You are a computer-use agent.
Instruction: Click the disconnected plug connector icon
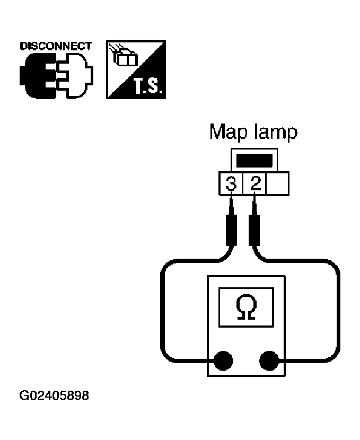55,76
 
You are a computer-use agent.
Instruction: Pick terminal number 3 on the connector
231,184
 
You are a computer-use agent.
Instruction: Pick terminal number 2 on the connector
256,184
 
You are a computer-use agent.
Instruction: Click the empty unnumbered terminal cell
278,184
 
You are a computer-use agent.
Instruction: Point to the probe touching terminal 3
231,228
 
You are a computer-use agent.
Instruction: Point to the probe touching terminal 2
256,228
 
